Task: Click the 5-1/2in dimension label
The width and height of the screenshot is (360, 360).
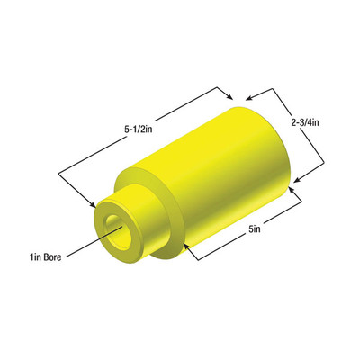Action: [x=139, y=130]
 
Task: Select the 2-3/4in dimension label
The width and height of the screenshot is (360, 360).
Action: [x=305, y=122]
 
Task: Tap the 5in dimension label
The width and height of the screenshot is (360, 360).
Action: [x=255, y=229]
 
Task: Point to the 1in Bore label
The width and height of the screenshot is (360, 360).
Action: [x=45, y=257]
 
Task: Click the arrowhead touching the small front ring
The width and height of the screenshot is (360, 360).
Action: [x=93, y=204]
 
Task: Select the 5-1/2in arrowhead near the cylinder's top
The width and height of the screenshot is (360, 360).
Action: [x=229, y=96]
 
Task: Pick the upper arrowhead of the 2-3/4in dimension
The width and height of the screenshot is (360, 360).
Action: [x=250, y=97]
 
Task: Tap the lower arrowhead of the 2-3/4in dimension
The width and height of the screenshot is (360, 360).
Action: [x=297, y=180]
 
